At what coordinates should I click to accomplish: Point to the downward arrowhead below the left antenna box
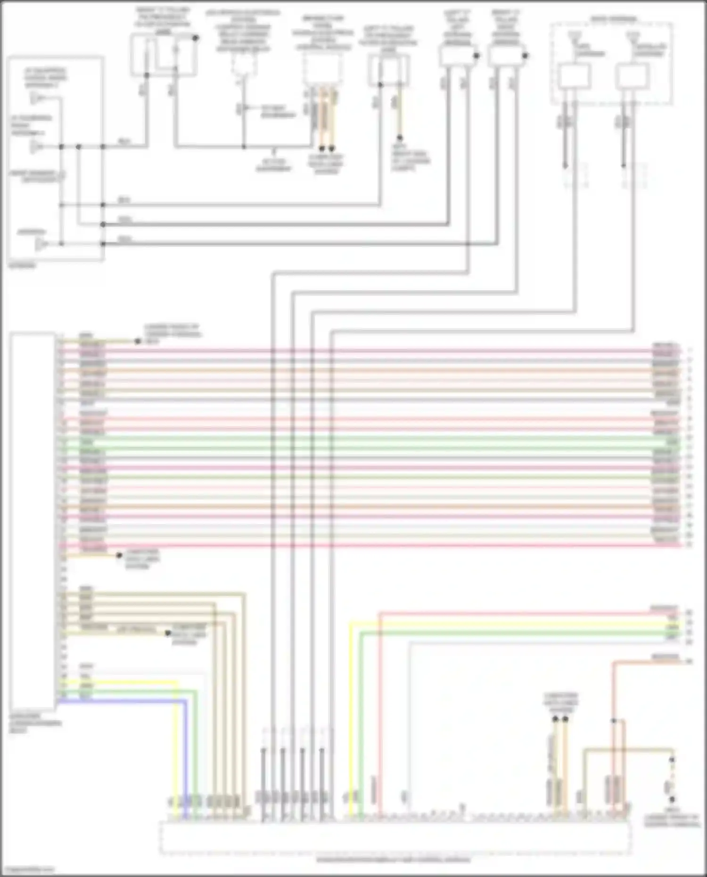tap(565, 166)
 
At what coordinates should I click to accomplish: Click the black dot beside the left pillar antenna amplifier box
tap(477, 56)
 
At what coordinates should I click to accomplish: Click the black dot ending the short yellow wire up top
tap(399, 138)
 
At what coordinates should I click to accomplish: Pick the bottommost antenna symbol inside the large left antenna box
tap(41, 244)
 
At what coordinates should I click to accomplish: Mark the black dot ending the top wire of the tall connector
tap(138, 341)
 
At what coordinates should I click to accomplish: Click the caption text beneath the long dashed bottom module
tap(393, 860)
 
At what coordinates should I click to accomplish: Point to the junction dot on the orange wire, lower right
tap(614, 721)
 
